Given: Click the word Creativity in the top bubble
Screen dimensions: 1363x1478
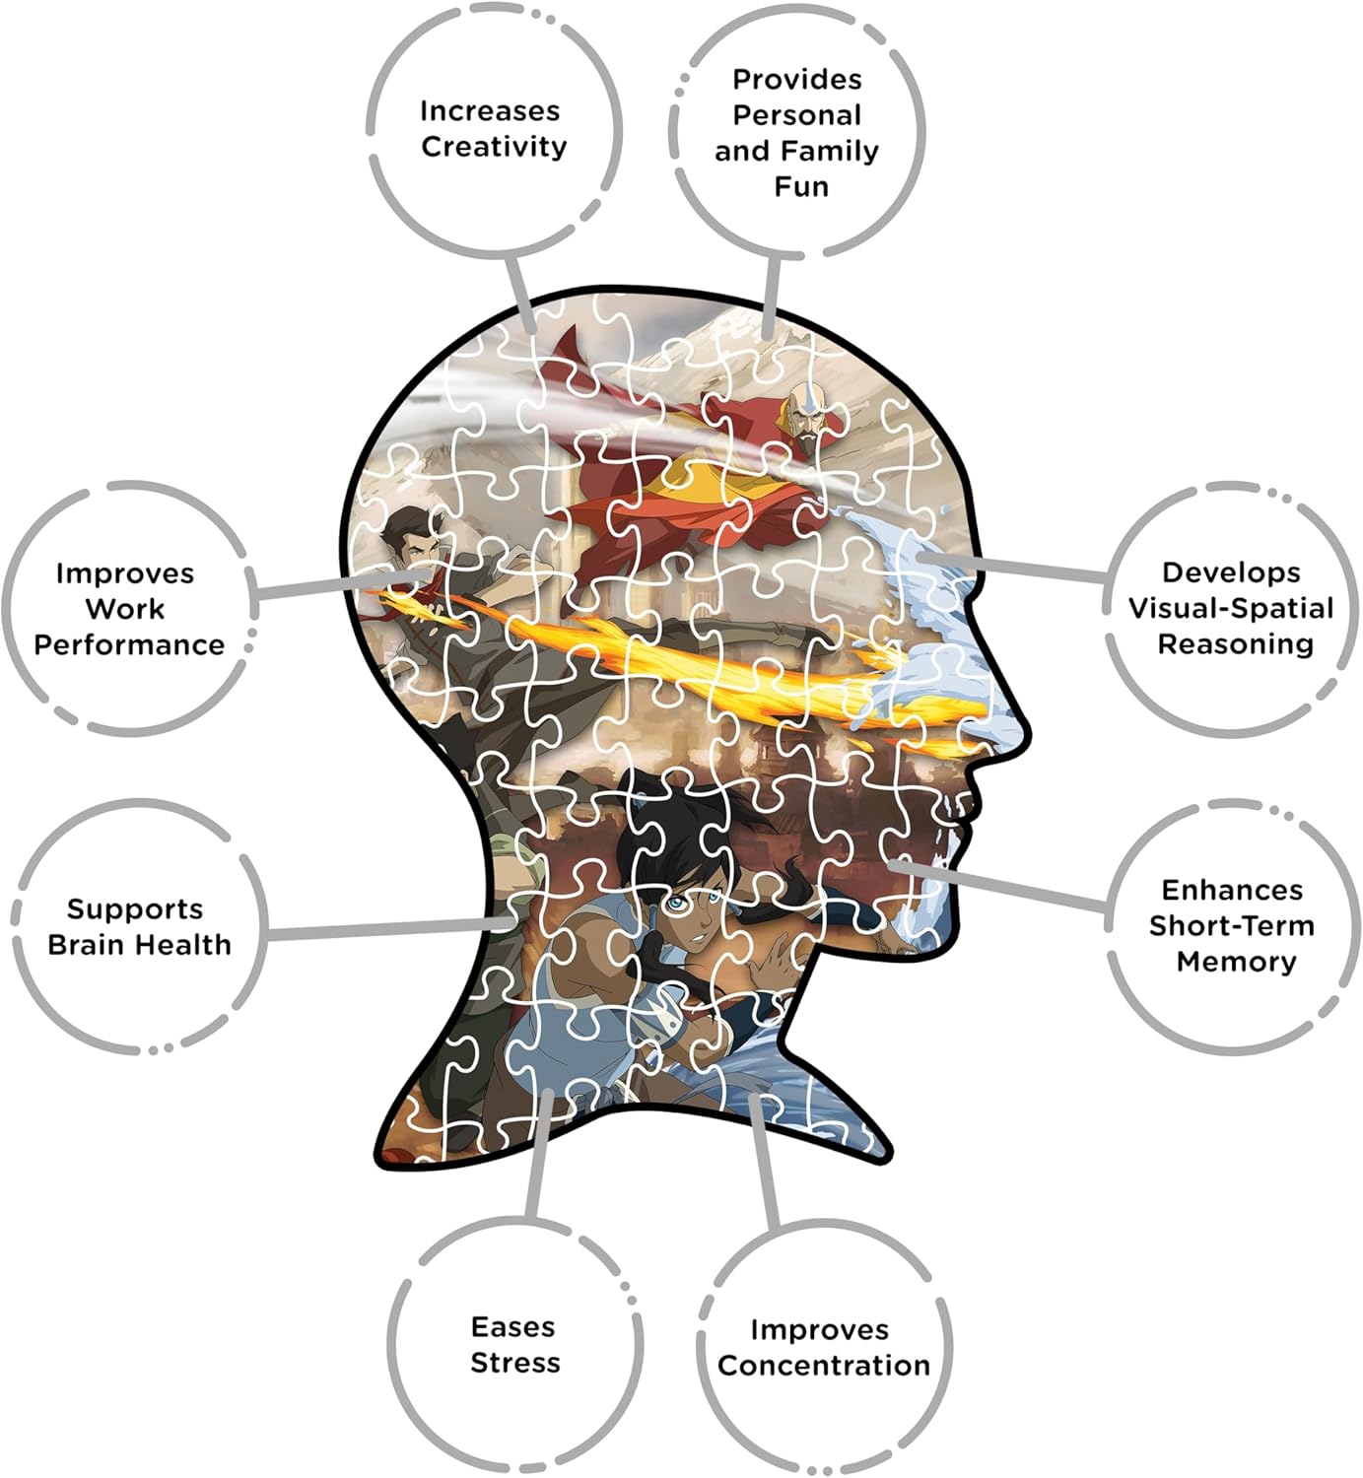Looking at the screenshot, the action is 494,147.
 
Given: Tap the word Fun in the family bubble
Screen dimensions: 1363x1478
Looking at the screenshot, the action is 801,187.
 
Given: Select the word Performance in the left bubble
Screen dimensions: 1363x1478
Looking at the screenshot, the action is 129,645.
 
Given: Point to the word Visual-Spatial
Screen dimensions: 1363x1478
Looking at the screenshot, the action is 1231,608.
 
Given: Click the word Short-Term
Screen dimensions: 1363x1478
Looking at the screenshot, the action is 1231,926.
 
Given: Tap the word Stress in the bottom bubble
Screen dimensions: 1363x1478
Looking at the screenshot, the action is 515,1364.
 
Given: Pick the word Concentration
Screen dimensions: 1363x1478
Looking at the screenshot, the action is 824,1366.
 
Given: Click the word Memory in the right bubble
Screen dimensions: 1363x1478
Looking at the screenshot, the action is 1237,963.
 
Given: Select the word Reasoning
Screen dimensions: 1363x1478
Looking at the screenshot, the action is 1235,644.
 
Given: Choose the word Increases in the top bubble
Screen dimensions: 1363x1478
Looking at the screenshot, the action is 490,111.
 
